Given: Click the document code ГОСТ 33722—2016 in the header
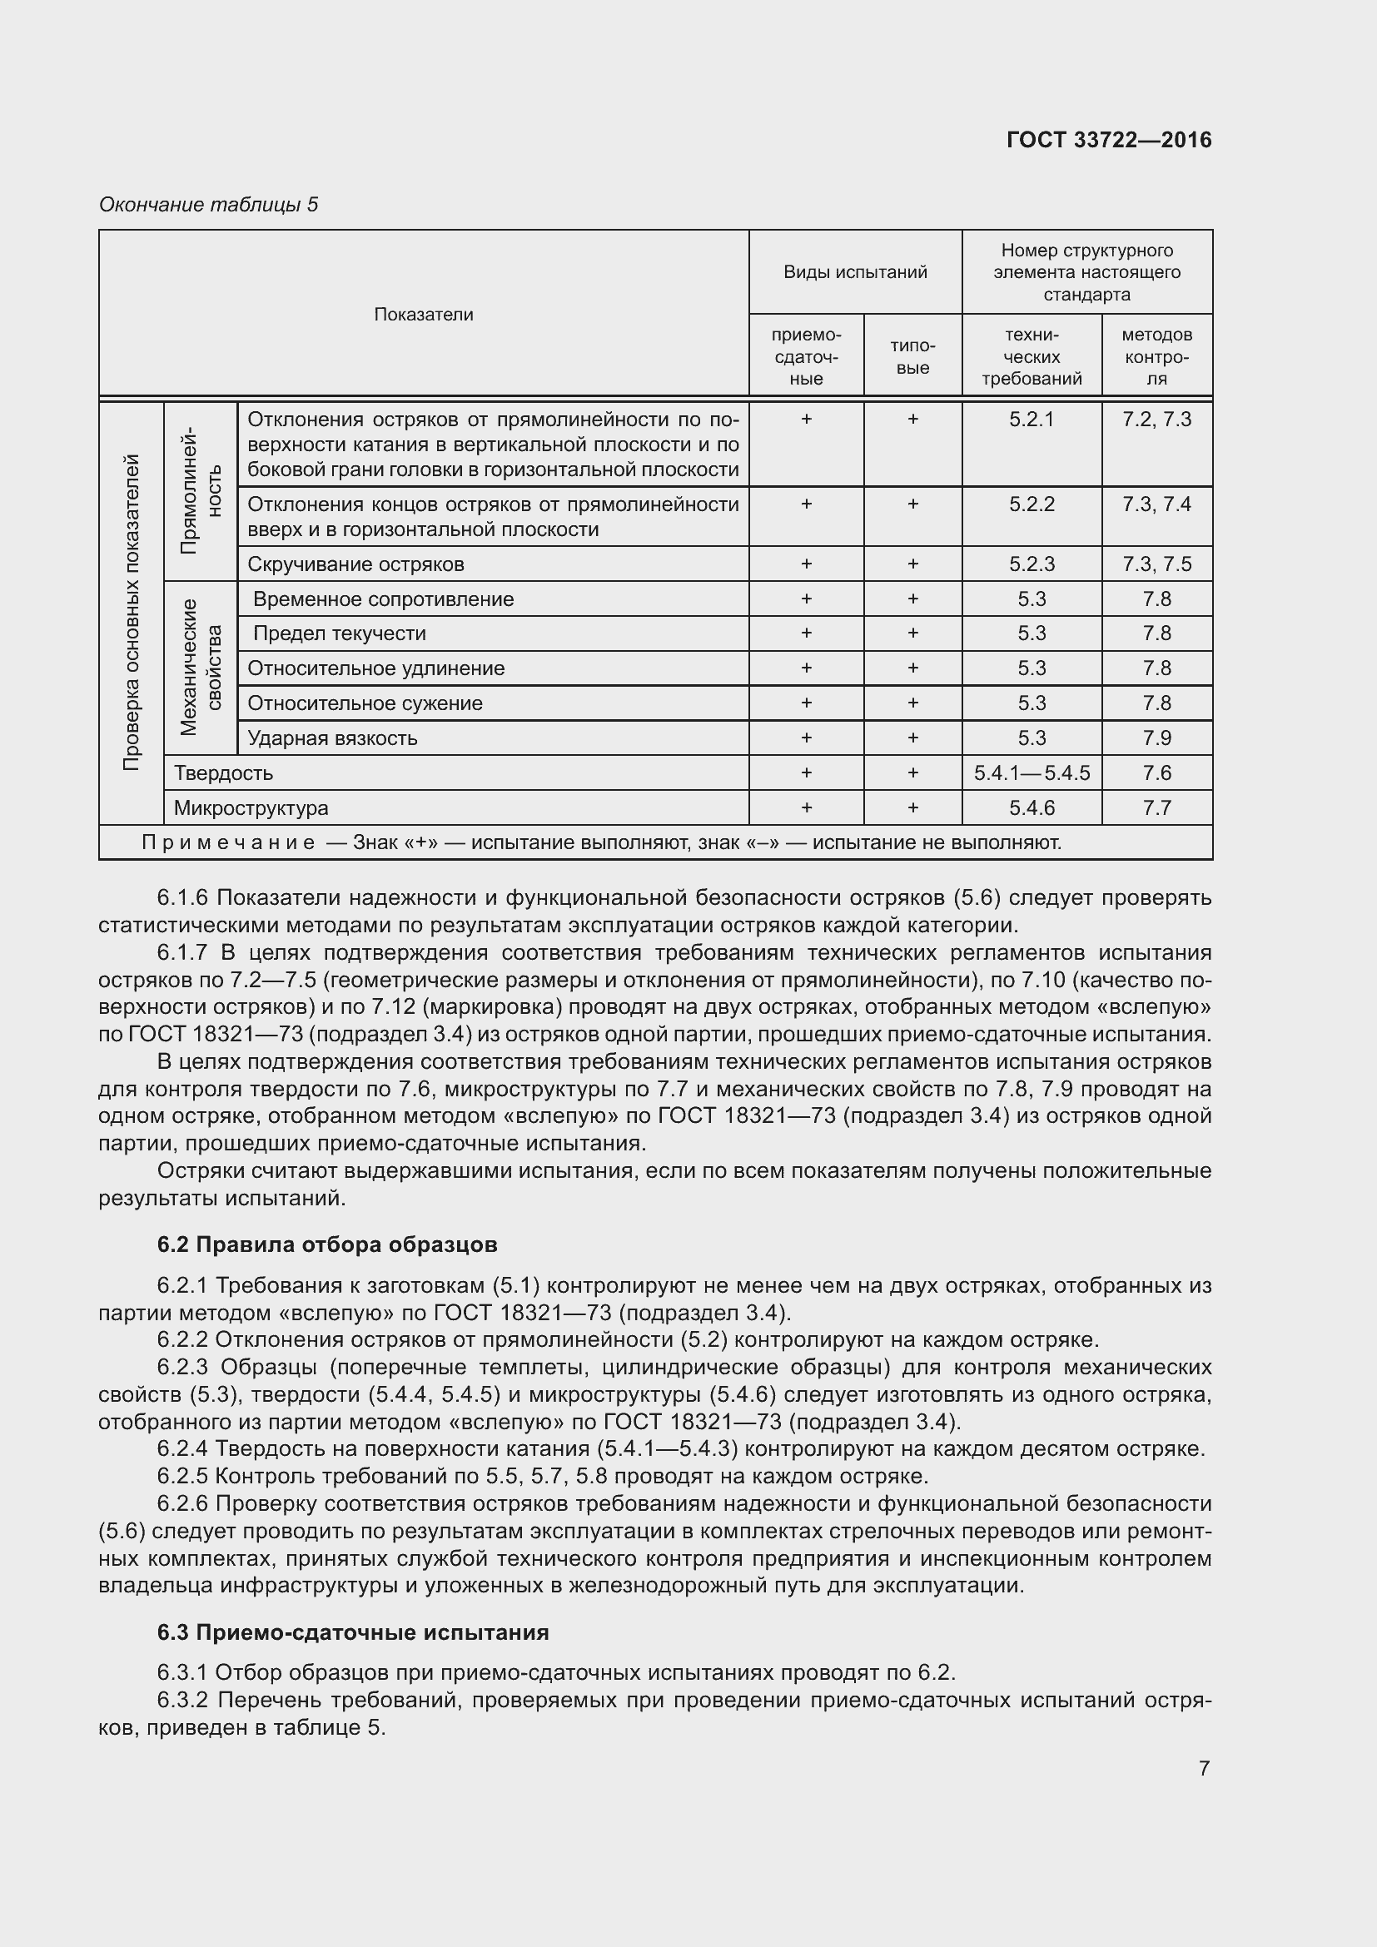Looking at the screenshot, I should click(x=1108, y=140).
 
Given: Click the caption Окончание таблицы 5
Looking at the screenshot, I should click(x=209, y=205).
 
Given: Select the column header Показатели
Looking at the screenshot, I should click(x=423, y=315).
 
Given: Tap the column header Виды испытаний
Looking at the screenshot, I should click(x=855, y=272).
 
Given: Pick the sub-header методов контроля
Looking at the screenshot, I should click(x=1156, y=356).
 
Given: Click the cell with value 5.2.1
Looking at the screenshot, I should click(x=1031, y=420).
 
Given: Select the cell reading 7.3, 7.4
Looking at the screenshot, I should click(x=1156, y=504).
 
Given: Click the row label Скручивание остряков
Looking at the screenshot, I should click(x=356, y=564).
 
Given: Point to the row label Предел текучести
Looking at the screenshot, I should click(x=339, y=633).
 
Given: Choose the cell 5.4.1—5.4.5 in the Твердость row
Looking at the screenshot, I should click(x=1031, y=773).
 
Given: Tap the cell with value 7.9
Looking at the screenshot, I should click(x=1156, y=738).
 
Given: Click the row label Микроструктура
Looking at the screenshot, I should click(x=251, y=808).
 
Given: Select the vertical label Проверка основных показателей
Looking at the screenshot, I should click(x=132, y=613).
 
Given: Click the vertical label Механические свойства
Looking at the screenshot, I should click(x=201, y=668).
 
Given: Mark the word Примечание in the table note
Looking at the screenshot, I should click(x=228, y=843).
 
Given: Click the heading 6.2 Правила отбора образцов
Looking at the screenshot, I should click(x=327, y=1244).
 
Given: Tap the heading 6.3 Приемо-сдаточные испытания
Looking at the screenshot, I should click(x=353, y=1632).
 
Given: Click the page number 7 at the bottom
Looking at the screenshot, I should click(x=1204, y=1768).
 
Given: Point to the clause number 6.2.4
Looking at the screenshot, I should click(x=182, y=1449).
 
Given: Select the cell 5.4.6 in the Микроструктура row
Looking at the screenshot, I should click(x=1031, y=808).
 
